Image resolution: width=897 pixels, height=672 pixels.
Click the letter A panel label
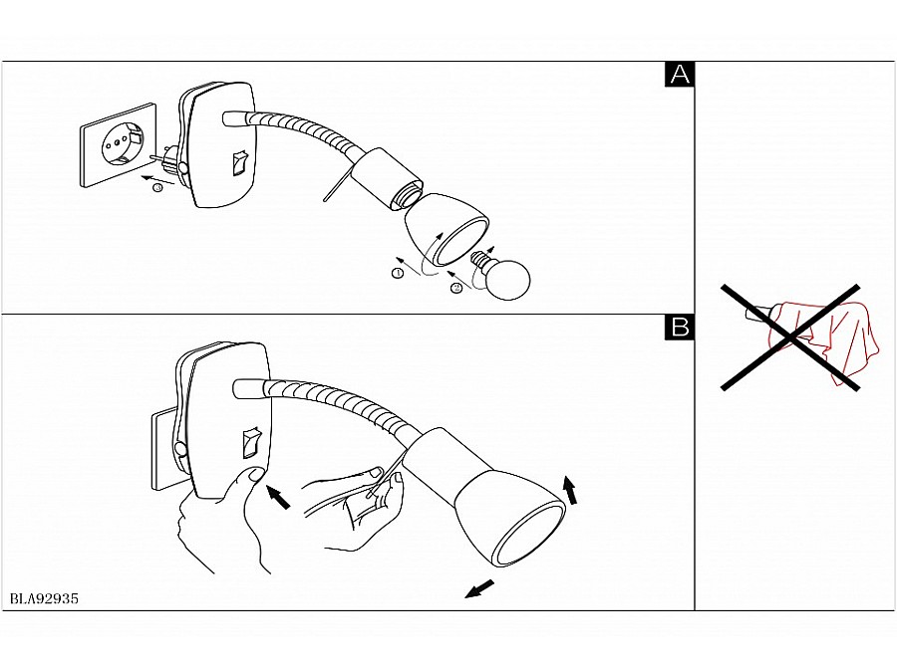tap(679, 75)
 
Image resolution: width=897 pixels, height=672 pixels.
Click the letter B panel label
tap(679, 327)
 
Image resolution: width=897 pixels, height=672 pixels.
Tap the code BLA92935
tap(44, 599)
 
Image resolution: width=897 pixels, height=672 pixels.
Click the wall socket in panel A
tap(119, 144)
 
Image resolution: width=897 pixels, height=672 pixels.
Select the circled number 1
tap(398, 273)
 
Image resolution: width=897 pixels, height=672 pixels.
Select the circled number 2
tap(456, 289)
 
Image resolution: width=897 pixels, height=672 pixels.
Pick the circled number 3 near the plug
tap(157, 187)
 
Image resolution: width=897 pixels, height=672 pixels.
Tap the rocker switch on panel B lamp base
tap(250, 443)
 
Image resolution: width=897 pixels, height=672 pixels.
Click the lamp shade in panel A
tap(447, 229)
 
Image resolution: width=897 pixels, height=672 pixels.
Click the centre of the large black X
tap(789, 338)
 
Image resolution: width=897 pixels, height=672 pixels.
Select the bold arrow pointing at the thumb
tap(278, 496)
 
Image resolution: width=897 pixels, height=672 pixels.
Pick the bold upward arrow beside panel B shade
tap(570, 490)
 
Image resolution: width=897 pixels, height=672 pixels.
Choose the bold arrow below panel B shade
tap(478, 589)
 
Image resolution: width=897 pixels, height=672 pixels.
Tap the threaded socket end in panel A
tap(408, 196)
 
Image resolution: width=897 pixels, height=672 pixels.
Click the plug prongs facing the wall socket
tap(158, 157)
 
